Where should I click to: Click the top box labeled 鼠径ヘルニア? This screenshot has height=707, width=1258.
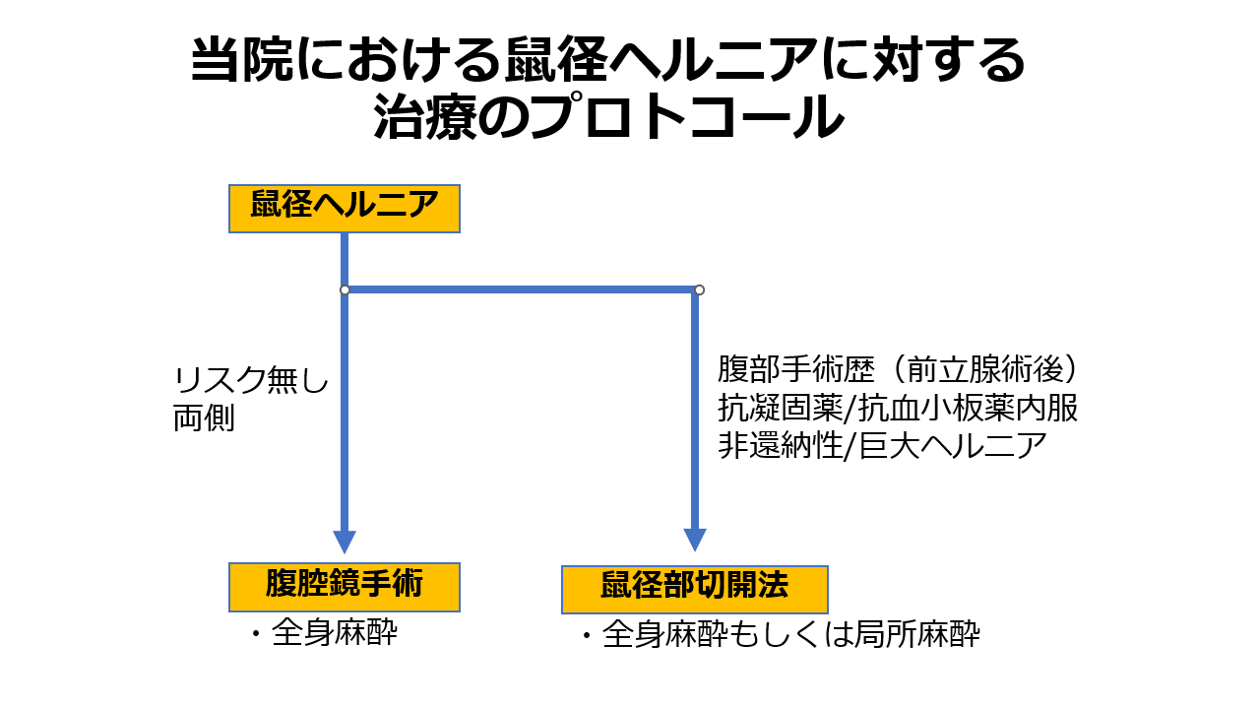click(344, 209)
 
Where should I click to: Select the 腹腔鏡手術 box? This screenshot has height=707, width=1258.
click(344, 587)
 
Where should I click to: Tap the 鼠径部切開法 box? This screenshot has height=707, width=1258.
click(694, 589)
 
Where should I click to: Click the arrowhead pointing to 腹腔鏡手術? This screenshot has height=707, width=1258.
click(345, 542)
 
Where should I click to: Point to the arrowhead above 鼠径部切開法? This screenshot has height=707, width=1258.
click(695, 540)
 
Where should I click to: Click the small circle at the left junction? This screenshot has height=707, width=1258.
click(345, 289)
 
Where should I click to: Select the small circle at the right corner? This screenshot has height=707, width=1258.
click(699, 289)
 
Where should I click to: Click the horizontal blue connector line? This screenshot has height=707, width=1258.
click(522, 289)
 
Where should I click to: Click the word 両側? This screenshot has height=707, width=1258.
click(205, 418)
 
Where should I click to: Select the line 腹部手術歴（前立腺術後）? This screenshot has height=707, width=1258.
click(900, 371)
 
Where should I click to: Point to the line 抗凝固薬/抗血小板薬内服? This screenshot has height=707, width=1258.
click(898, 409)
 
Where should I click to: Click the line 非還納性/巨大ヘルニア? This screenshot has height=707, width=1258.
click(882, 446)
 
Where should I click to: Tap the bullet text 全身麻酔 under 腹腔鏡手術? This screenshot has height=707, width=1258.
click(335, 633)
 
